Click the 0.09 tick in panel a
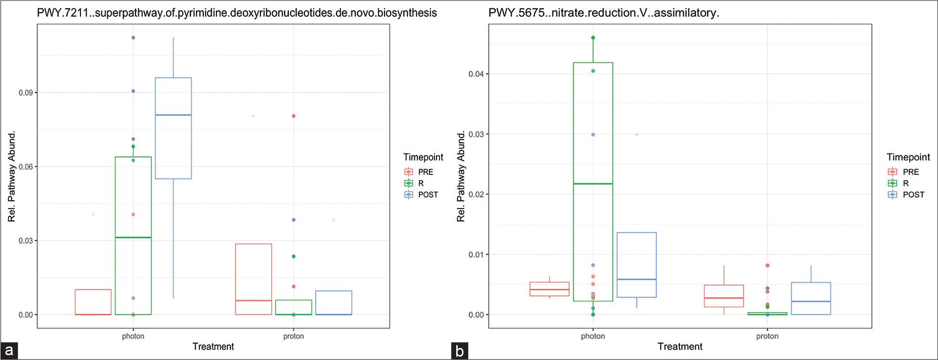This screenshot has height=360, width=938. point(25,93)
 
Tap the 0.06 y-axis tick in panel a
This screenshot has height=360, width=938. point(25,167)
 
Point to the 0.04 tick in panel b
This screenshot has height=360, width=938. point(476,74)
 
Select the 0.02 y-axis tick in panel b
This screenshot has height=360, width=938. point(476,195)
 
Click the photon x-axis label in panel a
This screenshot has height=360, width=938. point(133,336)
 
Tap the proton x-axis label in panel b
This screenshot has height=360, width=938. point(767,336)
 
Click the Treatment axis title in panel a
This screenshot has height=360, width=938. point(213,347)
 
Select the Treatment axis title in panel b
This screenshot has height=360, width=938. point(680,347)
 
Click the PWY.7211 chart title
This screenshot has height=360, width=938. point(237,13)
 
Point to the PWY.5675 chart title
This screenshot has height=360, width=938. point(603,13)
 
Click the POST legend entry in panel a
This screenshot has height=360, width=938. point(427,195)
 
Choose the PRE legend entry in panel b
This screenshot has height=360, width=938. point(911,172)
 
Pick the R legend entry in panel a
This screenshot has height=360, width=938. point(421,183)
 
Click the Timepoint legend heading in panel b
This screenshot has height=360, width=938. point(908,157)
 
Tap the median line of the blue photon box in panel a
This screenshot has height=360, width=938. point(173,115)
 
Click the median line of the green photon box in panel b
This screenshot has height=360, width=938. point(593,184)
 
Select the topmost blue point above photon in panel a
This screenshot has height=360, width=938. point(133,37)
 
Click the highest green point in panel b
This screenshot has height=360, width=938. point(593,37)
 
